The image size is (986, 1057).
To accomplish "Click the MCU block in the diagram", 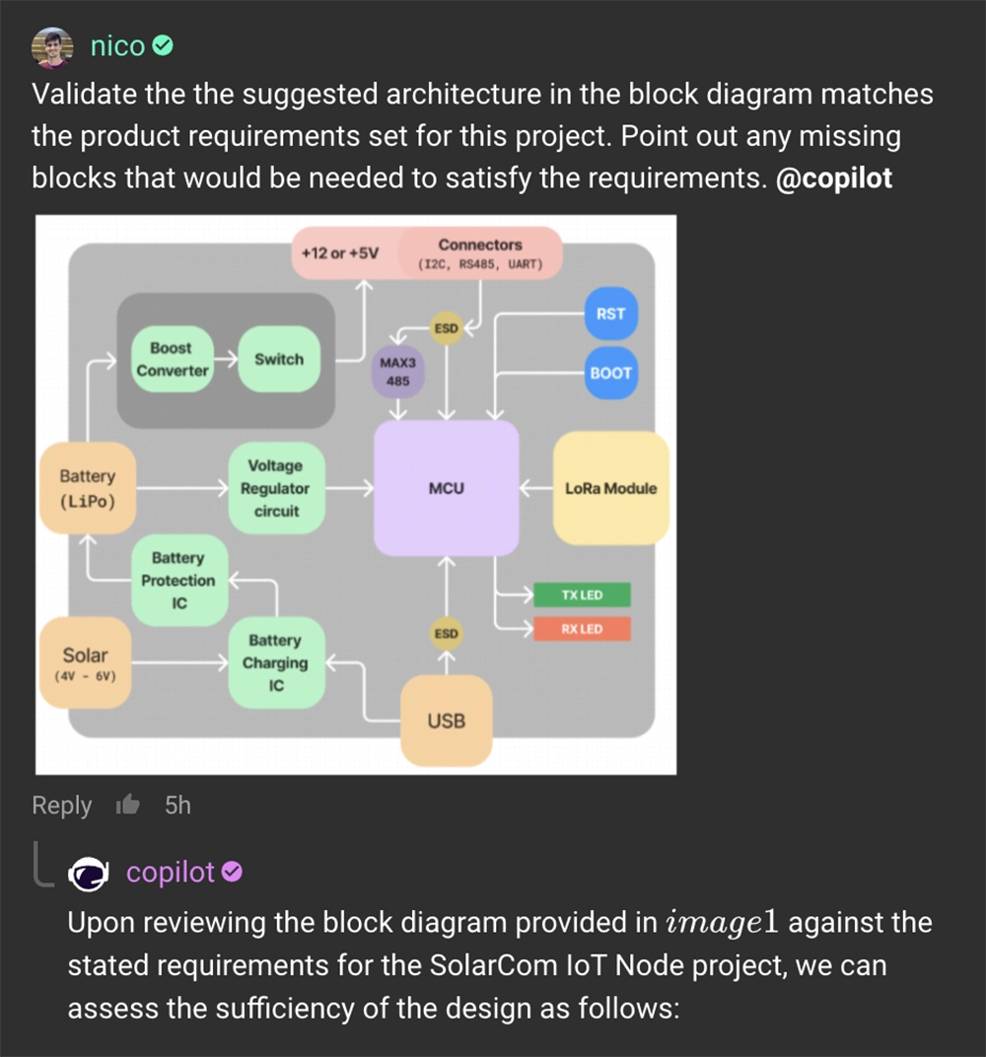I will tap(447, 488).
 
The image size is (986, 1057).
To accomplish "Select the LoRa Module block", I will tap(610, 488).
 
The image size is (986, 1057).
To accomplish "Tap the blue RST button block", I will tap(610, 314).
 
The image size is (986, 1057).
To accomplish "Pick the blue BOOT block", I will tap(610, 373).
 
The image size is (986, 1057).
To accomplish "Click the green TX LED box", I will tap(582, 596).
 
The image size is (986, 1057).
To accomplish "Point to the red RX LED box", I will tap(582, 629).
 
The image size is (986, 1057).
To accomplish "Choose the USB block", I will tap(446, 721).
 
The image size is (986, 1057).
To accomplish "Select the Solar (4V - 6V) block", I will tap(85, 662).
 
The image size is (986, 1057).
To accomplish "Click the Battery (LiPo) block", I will tap(87, 488).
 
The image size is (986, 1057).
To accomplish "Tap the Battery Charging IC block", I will tap(276, 663).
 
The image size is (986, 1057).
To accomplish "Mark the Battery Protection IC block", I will tap(178, 581).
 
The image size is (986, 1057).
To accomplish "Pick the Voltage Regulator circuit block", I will tap(275, 488).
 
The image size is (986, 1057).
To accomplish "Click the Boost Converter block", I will tap(172, 359).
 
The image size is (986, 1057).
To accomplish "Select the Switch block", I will tap(279, 359).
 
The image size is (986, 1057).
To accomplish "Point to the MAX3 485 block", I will tap(398, 372).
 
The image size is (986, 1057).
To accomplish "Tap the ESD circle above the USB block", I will tap(447, 633).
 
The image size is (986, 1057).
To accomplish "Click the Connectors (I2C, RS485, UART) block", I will tap(480, 252).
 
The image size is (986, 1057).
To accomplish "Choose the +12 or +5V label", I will tap(340, 253).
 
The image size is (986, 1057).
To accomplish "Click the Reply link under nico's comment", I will tap(61, 806).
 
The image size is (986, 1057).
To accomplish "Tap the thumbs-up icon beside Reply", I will tap(128, 806).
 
